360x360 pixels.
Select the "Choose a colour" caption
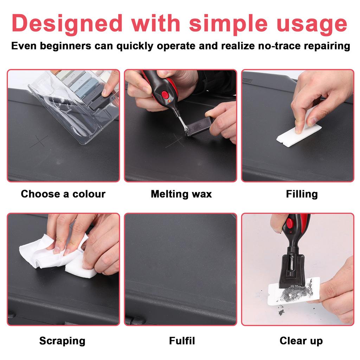point(63,194)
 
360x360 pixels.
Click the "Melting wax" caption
point(181,194)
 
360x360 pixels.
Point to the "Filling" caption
point(302,194)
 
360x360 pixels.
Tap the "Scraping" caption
point(62,341)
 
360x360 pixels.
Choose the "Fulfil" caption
point(182,341)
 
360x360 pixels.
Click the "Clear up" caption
point(301,341)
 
